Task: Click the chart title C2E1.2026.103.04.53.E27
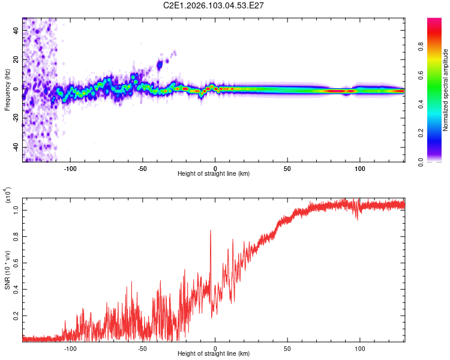214,5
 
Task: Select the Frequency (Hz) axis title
7,90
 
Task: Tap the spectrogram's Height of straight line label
214,174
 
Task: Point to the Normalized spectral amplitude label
446,90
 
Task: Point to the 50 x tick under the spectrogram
287,169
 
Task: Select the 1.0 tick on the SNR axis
17,209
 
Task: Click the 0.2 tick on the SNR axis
17,314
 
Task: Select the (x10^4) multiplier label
8,196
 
